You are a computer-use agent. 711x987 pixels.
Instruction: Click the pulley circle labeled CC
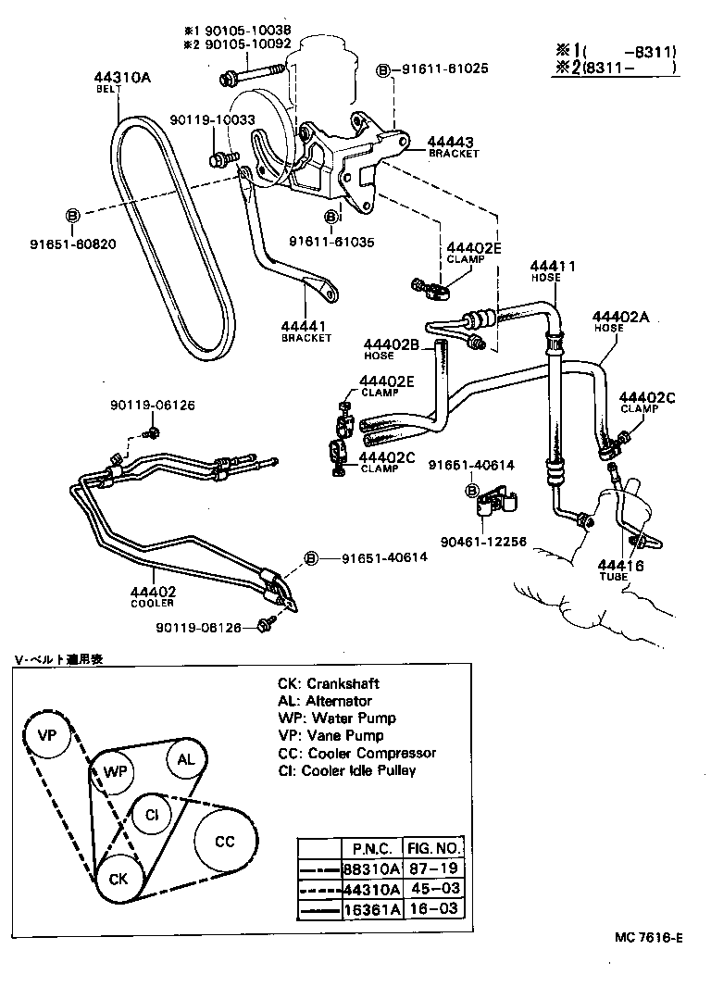[x=225, y=841]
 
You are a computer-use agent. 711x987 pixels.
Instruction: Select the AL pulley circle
[x=186, y=760]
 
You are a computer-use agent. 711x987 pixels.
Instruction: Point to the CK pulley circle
[x=118, y=878]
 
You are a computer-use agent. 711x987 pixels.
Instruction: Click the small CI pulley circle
[x=150, y=814]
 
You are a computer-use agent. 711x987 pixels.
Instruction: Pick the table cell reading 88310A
[x=371, y=868]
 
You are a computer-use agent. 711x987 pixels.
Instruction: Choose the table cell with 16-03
[x=435, y=909]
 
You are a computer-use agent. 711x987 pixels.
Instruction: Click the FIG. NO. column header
[x=435, y=848]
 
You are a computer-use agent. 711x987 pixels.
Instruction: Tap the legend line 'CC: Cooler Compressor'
[x=356, y=753]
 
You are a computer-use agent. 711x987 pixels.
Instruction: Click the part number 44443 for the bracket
[x=450, y=143]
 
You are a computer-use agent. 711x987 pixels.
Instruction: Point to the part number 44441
[x=306, y=326]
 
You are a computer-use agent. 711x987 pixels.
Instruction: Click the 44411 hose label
[x=552, y=267]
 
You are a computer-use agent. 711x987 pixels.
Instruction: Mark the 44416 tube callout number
[x=619, y=565]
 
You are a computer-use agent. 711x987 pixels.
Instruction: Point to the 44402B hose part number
[x=391, y=344]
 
